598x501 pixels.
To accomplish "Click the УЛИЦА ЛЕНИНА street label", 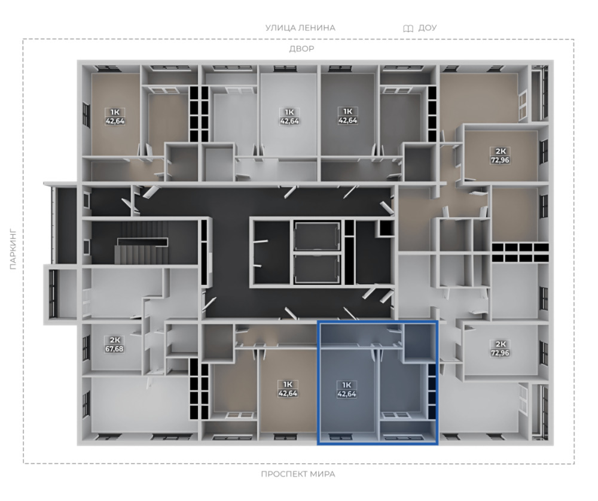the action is coord(300,28).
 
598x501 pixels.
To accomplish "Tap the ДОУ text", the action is coord(427,28).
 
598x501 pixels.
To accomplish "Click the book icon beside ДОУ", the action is coord(408,28).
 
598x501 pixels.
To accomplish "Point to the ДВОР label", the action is coord(301,49).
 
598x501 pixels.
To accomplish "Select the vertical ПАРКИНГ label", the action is coord(13,250).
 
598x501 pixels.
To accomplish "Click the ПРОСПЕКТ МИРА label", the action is coord(298,474).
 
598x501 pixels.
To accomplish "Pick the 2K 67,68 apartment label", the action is coord(114,344).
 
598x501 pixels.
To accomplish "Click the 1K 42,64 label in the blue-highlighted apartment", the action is coord(347,389).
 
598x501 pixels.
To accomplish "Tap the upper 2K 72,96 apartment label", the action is coord(500,156).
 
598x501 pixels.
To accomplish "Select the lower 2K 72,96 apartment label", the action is coord(500,348).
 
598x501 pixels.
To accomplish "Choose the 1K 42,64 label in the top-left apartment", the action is coord(115,117).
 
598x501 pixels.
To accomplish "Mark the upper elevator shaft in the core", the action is coord(317,236).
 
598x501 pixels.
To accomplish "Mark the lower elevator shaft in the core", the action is coord(317,269).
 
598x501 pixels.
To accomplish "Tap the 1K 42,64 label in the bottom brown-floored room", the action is coord(288,388).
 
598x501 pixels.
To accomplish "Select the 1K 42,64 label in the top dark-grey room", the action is coord(348,116).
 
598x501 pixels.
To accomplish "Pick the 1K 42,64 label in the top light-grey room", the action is coord(289,117).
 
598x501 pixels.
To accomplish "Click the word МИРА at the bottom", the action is coord(323,474).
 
